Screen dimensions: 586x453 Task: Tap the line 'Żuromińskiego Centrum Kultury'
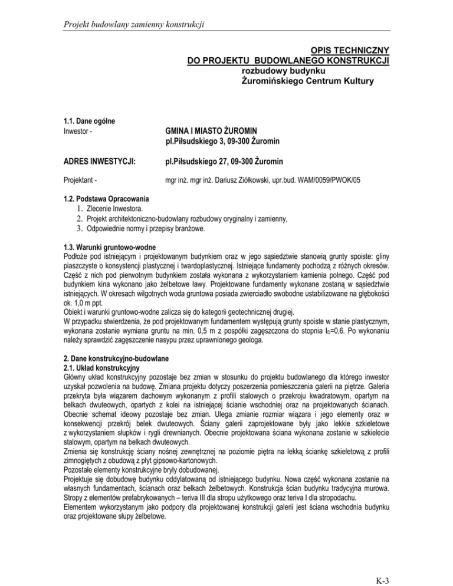click(x=308, y=80)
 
